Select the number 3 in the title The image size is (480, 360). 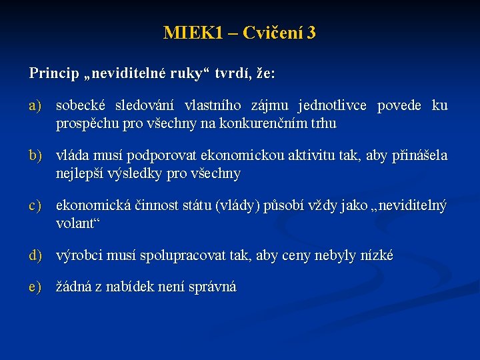(x=311, y=33)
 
